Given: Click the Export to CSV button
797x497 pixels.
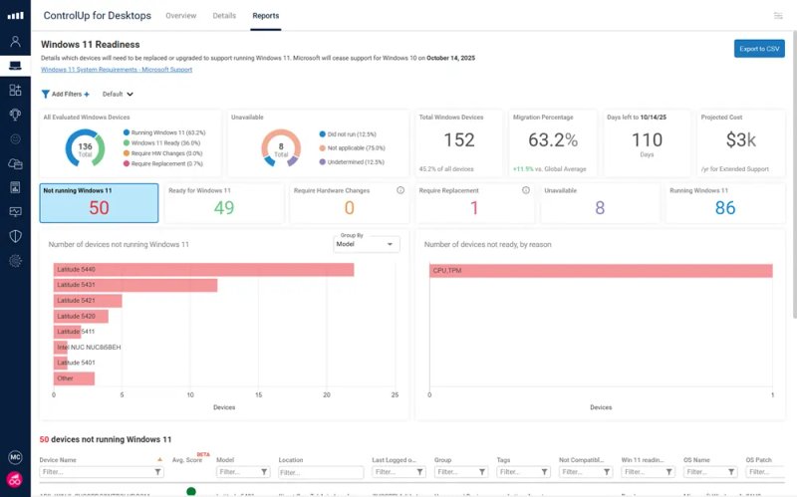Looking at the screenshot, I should (759, 48).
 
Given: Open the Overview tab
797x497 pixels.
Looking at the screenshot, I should (180, 16).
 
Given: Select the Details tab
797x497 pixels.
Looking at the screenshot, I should (224, 16).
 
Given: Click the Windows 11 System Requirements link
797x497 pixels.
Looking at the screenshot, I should (116, 70).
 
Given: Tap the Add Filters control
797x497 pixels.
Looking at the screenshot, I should (65, 94).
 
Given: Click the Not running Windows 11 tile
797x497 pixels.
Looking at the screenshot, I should (99, 202).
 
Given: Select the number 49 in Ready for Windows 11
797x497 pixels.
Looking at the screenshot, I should (224, 207).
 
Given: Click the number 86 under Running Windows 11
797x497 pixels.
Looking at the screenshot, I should (725, 207).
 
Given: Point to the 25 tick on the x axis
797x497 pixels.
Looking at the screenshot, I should (396, 395).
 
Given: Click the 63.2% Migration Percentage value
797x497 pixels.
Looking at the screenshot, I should (552, 140).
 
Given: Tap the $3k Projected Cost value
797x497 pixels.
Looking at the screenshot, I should (741, 140).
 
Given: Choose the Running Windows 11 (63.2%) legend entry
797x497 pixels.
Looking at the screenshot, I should (167, 131).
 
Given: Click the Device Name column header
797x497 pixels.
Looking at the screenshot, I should (58, 460).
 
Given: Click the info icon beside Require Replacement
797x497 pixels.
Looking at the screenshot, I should (525, 189).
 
